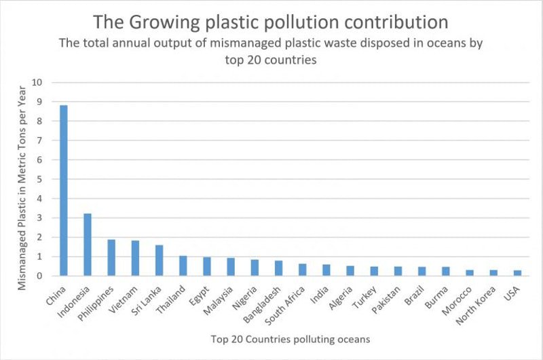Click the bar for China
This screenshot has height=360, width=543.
click(x=63, y=191)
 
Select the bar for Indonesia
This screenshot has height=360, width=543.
click(x=87, y=245)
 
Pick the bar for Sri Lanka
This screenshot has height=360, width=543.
click(x=159, y=261)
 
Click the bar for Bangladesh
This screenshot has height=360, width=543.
click(x=278, y=268)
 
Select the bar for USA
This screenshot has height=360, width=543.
click(x=517, y=273)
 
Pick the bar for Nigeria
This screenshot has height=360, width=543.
click(x=255, y=268)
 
